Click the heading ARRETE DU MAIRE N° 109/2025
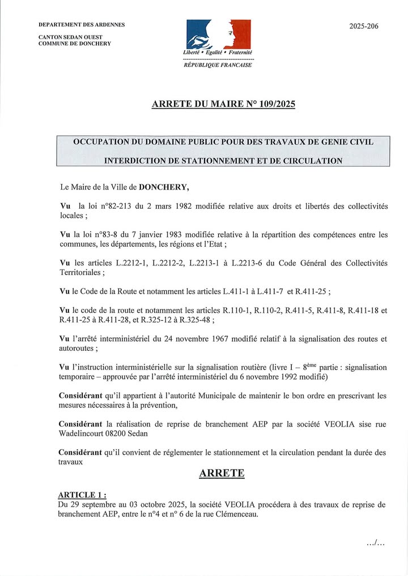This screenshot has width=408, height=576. tap(223, 104)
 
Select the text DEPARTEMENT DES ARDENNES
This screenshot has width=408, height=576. tap(82, 25)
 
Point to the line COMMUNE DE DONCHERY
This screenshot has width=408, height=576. tap(74, 44)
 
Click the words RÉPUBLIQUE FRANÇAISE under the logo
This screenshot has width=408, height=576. tap(218, 65)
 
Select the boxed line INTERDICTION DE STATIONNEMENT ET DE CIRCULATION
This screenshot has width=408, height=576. tap(223, 161)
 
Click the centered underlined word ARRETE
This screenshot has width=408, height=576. tap(222, 474)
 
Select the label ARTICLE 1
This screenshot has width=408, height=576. tap(81, 495)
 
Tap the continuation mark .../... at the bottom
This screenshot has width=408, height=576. tap(376, 543)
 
